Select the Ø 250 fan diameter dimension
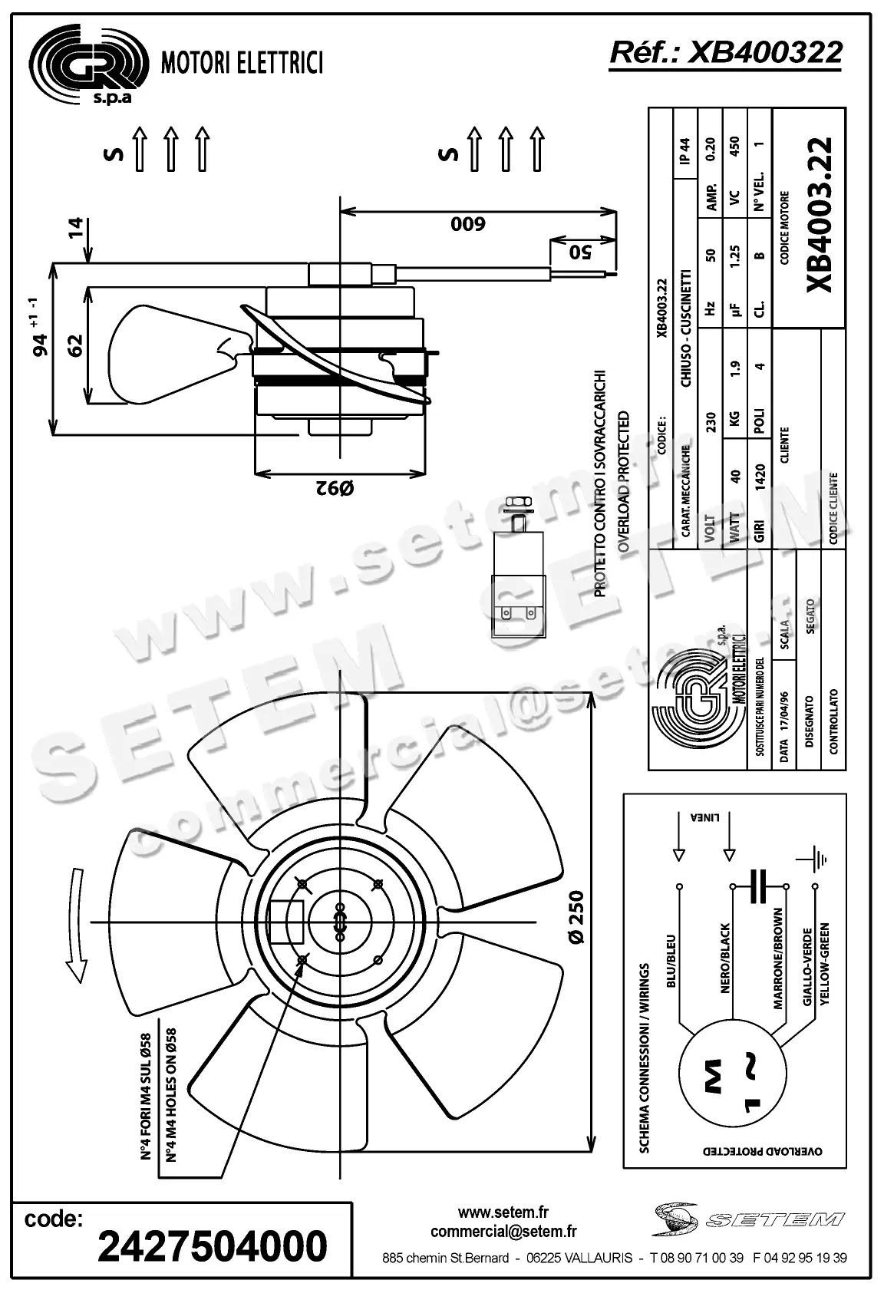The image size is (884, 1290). pos(576,917)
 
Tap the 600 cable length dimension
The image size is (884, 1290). pos(468,224)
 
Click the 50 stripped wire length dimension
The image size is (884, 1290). pos(582,251)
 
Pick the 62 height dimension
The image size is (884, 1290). pos(74,345)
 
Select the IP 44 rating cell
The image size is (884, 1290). pos(685,150)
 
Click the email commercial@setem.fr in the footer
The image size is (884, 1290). pos(503,1232)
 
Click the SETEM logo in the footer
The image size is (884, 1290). pos(748,1219)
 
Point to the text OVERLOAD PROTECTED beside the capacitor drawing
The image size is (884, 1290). pos(623,481)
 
